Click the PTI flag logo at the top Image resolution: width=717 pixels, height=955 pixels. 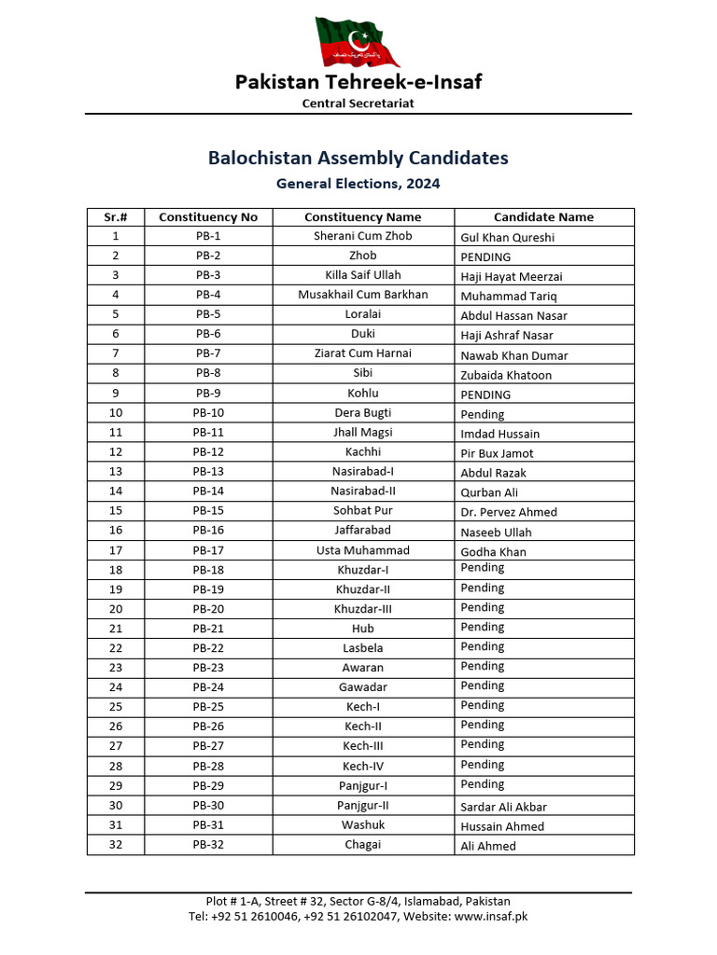(x=358, y=41)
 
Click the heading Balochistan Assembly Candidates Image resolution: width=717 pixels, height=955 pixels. (x=358, y=158)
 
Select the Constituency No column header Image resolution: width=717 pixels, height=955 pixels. (x=208, y=217)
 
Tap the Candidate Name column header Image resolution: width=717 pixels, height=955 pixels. (x=543, y=217)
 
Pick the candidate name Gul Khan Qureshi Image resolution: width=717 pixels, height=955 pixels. (x=507, y=238)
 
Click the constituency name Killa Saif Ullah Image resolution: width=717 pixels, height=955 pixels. (x=362, y=275)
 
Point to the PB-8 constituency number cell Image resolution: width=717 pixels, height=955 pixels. (x=208, y=373)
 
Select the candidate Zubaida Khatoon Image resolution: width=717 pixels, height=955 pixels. (x=506, y=375)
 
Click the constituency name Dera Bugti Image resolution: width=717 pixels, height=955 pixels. (x=362, y=412)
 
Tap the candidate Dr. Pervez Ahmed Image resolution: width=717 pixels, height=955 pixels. (x=509, y=512)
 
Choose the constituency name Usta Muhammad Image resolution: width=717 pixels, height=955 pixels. (x=362, y=550)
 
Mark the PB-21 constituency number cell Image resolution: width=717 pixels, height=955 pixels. (x=208, y=629)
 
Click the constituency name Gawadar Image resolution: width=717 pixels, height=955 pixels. (x=362, y=687)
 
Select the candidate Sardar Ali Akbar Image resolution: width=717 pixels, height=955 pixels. (x=503, y=807)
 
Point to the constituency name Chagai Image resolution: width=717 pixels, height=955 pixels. (x=362, y=845)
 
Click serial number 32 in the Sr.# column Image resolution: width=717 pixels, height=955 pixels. (x=116, y=845)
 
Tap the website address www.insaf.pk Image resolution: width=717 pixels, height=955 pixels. (x=491, y=916)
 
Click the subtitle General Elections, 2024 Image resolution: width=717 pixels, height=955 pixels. (x=358, y=184)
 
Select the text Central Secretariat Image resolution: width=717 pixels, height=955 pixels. (x=358, y=104)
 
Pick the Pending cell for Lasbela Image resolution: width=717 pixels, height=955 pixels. (x=483, y=646)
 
